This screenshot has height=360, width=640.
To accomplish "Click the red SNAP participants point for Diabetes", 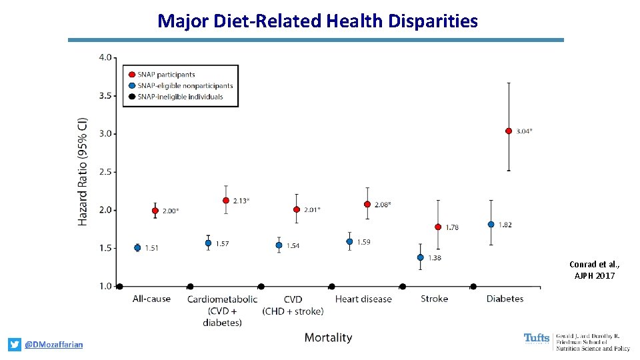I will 509,131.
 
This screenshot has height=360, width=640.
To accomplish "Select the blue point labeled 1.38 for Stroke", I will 420,257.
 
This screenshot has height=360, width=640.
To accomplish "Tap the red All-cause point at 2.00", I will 155,211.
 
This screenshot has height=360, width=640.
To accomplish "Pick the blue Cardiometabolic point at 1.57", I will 208,243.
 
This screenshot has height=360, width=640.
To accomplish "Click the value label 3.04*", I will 525,131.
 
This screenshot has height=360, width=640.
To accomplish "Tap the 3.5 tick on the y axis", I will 106,95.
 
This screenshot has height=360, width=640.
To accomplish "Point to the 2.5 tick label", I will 106,172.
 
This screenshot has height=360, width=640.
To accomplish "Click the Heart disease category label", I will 363,299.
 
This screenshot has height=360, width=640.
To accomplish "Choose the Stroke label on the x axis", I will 434,299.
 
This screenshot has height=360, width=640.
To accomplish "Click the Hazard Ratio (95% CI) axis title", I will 83,171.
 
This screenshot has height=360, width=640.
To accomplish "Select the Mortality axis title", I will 328,337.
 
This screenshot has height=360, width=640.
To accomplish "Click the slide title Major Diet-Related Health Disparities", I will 317,21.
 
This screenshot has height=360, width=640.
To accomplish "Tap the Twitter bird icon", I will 15,345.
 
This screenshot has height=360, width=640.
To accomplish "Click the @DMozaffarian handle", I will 54,345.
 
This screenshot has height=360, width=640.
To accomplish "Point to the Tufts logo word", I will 537,339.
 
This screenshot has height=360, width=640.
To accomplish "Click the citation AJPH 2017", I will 595,275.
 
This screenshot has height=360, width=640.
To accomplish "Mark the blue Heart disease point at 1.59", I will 349,241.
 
